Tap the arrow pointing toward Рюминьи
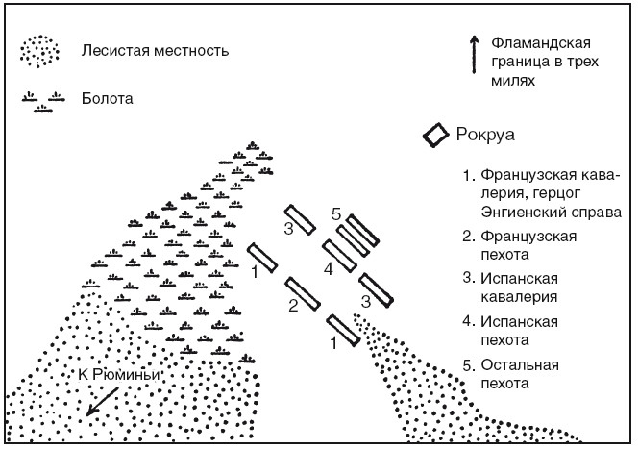click(x=103, y=399)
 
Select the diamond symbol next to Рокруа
click(x=438, y=134)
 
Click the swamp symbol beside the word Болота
click(x=42, y=101)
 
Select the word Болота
click(x=108, y=98)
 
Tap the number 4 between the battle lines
click(x=328, y=269)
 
